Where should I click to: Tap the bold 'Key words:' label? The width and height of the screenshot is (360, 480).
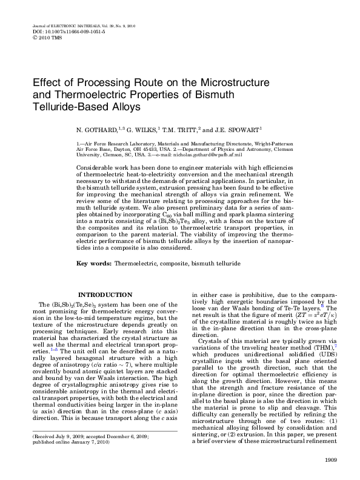click(x=94, y=281)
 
